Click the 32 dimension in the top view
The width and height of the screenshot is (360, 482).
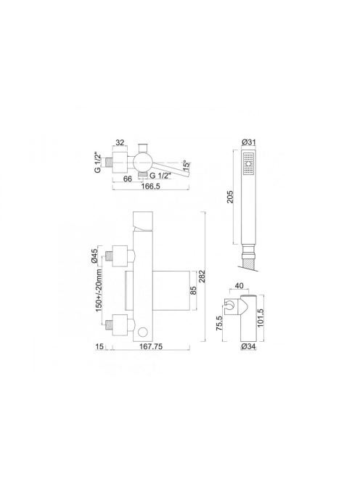click(120, 142)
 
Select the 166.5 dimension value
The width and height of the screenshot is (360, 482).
click(150, 187)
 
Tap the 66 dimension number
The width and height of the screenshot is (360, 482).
click(127, 179)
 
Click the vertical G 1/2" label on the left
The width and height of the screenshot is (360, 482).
click(98, 163)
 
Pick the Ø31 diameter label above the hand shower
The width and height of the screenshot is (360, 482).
click(249, 142)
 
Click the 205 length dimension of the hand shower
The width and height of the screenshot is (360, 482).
click(230, 197)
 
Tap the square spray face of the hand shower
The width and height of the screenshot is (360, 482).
click(249, 163)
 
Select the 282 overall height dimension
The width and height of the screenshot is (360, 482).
click(210, 276)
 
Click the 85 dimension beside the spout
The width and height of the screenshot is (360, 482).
click(193, 290)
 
